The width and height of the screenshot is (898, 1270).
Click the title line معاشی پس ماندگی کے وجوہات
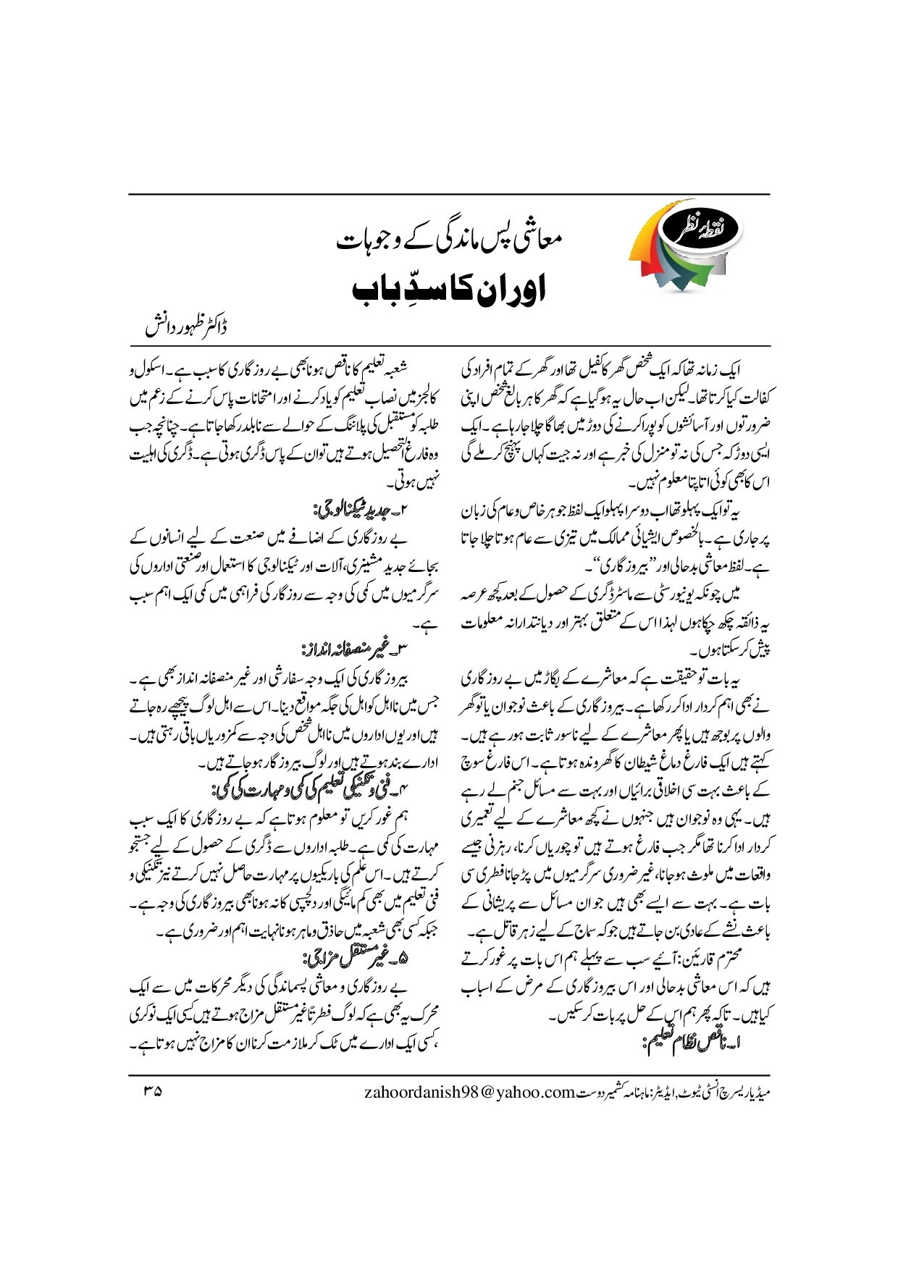click(x=450, y=242)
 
